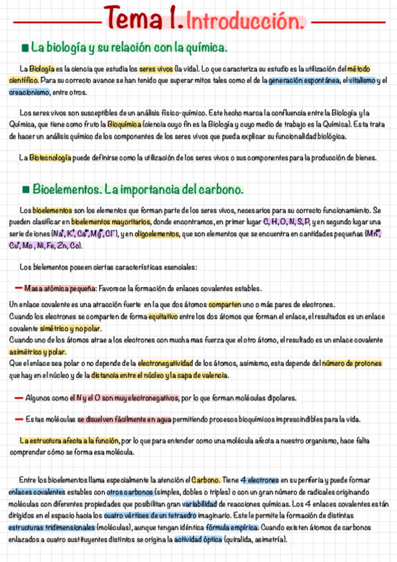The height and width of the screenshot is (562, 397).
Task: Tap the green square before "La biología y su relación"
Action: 25,48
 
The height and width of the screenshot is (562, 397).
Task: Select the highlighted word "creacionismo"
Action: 29,92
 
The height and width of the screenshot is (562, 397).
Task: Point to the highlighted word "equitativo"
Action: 164,317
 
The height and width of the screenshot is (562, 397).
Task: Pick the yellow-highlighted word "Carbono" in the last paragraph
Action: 206,480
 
